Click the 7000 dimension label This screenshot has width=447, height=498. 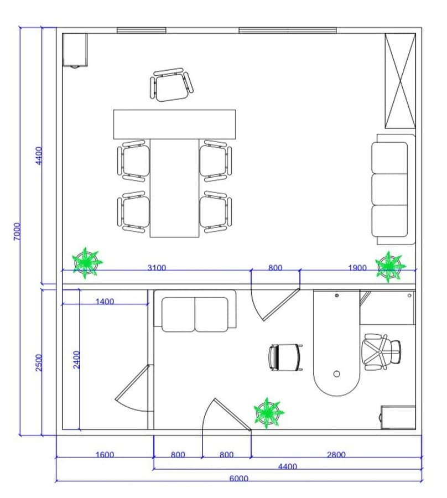(18, 231)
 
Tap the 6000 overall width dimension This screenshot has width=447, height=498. (238, 478)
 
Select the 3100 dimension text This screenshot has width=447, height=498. (157, 267)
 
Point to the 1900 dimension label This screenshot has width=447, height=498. (357, 268)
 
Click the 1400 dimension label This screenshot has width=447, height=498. (105, 301)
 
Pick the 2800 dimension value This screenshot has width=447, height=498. (336, 454)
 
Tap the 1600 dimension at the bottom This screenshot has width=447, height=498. (105, 454)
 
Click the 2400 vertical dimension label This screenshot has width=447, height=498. (77, 359)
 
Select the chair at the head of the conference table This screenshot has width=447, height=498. (171, 85)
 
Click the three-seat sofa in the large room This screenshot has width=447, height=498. (393, 190)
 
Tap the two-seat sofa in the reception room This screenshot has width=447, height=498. (195, 311)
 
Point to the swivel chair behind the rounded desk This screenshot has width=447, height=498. (381, 352)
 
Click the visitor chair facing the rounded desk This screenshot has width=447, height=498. (285, 357)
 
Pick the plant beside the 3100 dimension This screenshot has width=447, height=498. (86, 263)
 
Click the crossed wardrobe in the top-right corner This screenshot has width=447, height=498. (400, 81)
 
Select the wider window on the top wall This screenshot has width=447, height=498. (287, 30)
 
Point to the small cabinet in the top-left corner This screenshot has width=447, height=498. (75, 50)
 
